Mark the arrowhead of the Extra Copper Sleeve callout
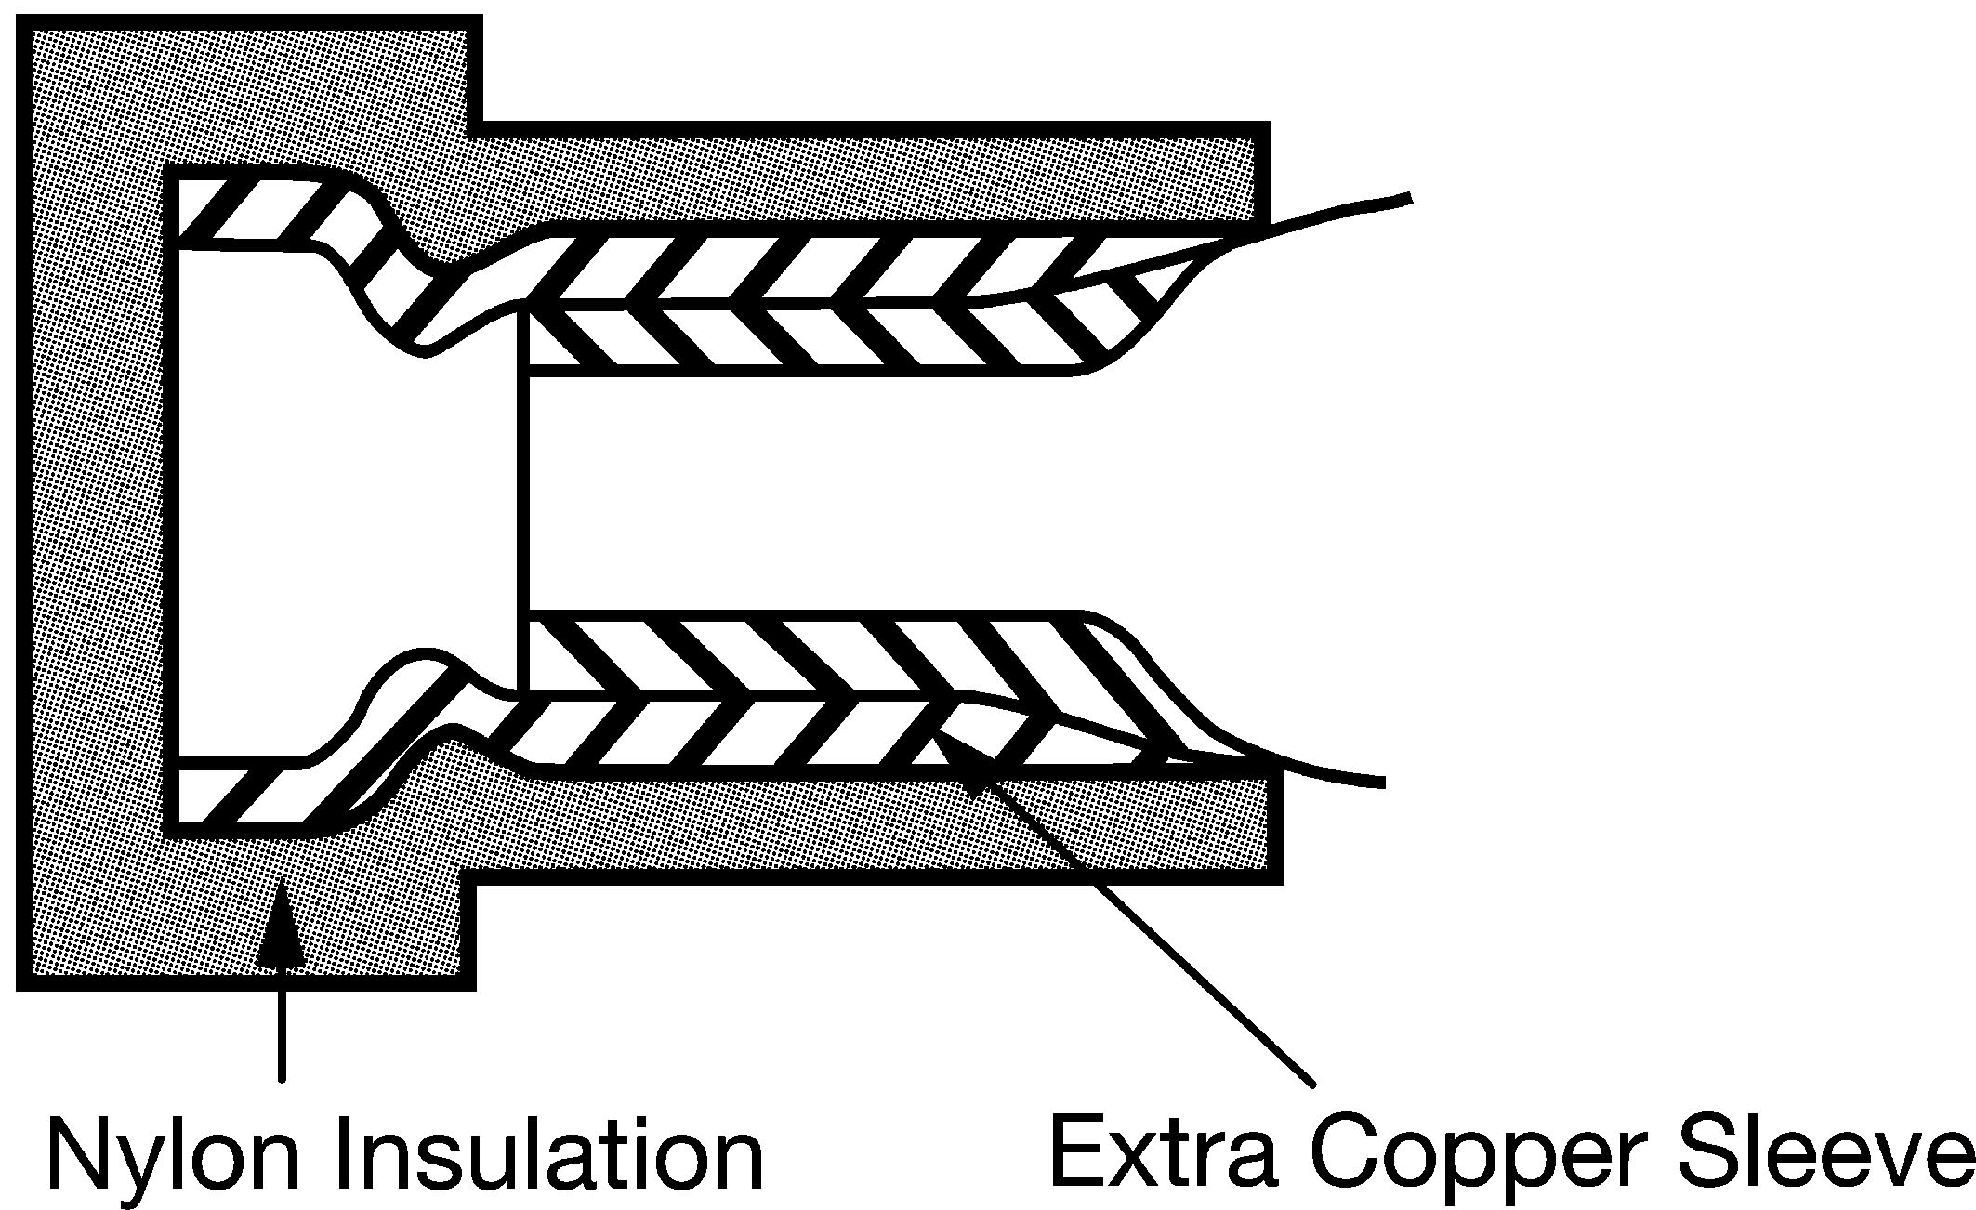tap(967, 764)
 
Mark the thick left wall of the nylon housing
tap(98, 502)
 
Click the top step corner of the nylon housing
tap(480, 125)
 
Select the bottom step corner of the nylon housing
tap(475, 880)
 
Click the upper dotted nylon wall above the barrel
tap(874, 177)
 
